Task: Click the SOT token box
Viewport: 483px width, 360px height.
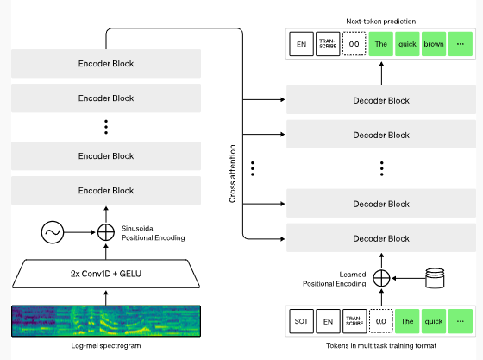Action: click(x=302, y=321)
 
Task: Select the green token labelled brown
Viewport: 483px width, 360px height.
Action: click(x=434, y=44)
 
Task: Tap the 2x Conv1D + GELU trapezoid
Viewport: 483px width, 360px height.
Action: click(x=106, y=274)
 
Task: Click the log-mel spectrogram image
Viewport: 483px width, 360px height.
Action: click(x=106, y=321)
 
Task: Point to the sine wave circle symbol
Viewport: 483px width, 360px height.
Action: click(x=53, y=232)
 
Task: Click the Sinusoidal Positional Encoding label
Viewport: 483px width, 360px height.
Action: click(x=154, y=233)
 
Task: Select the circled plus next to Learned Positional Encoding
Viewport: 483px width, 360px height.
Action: click(x=381, y=278)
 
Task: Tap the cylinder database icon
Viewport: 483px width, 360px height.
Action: click(x=435, y=278)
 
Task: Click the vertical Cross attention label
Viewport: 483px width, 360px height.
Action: click(x=232, y=174)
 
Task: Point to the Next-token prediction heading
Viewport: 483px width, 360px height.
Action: click(x=381, y=22)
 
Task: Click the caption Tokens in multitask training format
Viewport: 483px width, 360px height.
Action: click(x=381, y=345)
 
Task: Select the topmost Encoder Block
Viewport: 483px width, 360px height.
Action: click(x=106, y=64)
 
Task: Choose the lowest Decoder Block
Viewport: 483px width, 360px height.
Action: click(x=381, y=238)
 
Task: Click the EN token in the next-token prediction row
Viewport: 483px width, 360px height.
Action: click(x=302, y=44)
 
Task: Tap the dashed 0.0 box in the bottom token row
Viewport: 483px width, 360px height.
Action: click(x=380, y=321)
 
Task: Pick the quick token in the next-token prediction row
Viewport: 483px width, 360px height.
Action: click(x=407, y=44)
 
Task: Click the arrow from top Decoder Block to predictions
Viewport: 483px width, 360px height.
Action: click(x=381, y=73)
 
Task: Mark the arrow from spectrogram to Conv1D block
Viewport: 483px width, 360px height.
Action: click(x=106, y=298)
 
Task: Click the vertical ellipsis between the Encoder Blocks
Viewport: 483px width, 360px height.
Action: click(x=106, y=127)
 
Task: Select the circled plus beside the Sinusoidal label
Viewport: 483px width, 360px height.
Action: click(x=106, y=232)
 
